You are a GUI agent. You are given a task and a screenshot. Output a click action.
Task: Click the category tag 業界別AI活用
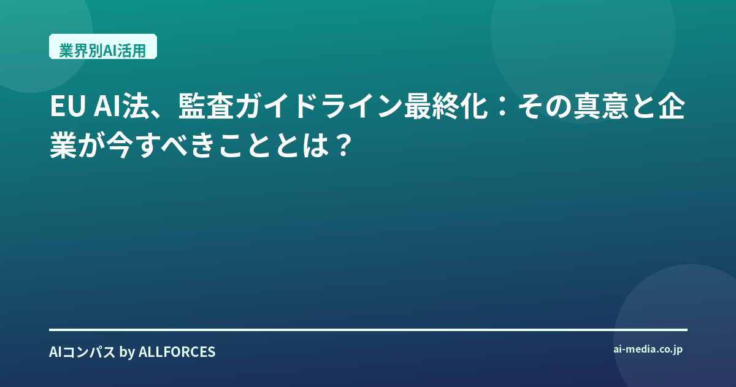[x=103, y=47]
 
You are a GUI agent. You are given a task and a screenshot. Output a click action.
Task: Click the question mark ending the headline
[x=342, y=146]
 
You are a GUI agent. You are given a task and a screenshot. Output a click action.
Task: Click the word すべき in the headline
[x=177, y=146]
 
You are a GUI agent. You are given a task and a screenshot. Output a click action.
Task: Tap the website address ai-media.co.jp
[x=648, y=350]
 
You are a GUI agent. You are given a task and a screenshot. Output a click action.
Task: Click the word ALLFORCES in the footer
[x=177, y=352]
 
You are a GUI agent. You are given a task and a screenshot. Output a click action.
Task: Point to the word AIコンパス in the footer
[x=82, y=352]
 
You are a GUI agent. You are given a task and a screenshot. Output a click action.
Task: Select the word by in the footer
[x=127, y=353]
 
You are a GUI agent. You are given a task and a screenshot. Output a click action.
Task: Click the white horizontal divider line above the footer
[x=368, y=329]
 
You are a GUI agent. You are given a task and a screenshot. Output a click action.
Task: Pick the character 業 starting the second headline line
[x=63, y=146]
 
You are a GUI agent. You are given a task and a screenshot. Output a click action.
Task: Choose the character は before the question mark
[x=316, y=146]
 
